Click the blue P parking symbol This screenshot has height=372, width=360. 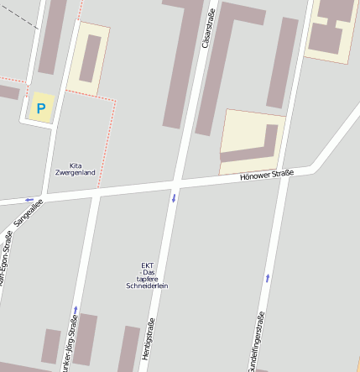(40, 108)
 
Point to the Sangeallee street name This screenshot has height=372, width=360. (28, 216)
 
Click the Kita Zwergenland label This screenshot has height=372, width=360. (75, 169)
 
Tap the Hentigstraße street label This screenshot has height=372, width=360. (151, 344)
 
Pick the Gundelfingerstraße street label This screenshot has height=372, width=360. (255, 344)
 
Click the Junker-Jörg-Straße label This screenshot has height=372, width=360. (71, 344)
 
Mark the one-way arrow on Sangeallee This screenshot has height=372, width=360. (29, 200)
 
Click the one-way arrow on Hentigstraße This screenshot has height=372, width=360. (174, 198)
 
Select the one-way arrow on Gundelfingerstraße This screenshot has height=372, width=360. (268, 277)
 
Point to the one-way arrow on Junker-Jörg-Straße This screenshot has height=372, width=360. (75, 309)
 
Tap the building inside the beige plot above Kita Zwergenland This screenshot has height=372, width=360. (90, 59)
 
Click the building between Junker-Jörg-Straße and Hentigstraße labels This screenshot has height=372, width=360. (128, 348)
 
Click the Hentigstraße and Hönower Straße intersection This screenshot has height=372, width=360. (176, 182)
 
